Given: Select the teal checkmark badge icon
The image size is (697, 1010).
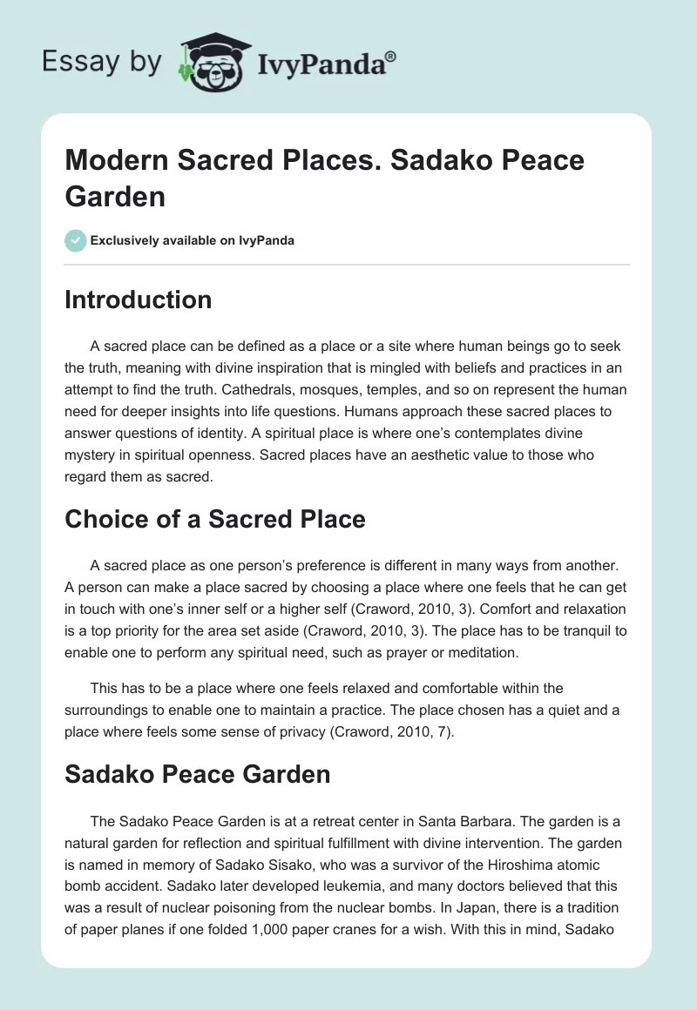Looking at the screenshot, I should tap(75, 240).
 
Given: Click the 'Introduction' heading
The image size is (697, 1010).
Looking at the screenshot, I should tap(139, 300).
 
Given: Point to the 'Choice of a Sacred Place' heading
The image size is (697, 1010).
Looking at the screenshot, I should tap(215, 519).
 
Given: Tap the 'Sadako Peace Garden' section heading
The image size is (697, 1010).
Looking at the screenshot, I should tap(198, 773).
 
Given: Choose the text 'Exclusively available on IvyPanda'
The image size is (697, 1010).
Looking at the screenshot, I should tap(193, 240).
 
